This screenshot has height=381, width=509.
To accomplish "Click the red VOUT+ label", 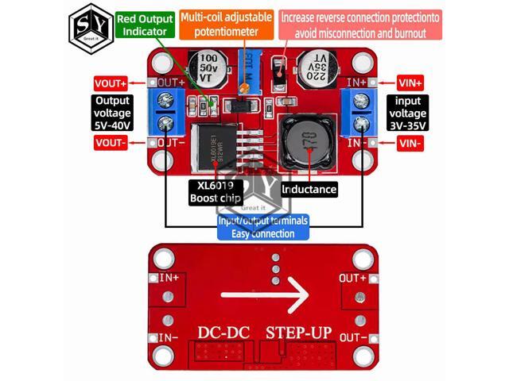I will pyautogui.click(x=111, y=83).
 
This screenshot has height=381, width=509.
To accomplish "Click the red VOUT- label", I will pyautogui.click(x=111, y=143).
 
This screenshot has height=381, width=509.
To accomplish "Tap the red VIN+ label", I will pyautogui.click(x=410, y=83).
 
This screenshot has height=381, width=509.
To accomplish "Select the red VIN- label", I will pyautogui.click(x=410, y=143).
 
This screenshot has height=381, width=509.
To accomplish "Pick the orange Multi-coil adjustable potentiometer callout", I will pyautogui.click(x=227, y=24).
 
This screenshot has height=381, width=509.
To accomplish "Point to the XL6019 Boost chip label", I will pyautogui.click(x=215, y=190).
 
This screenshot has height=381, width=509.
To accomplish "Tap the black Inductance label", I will pyautogui.click(x=309, y=190).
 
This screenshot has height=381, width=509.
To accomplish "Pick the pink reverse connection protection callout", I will pyautogui.click(x=354, y=24).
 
